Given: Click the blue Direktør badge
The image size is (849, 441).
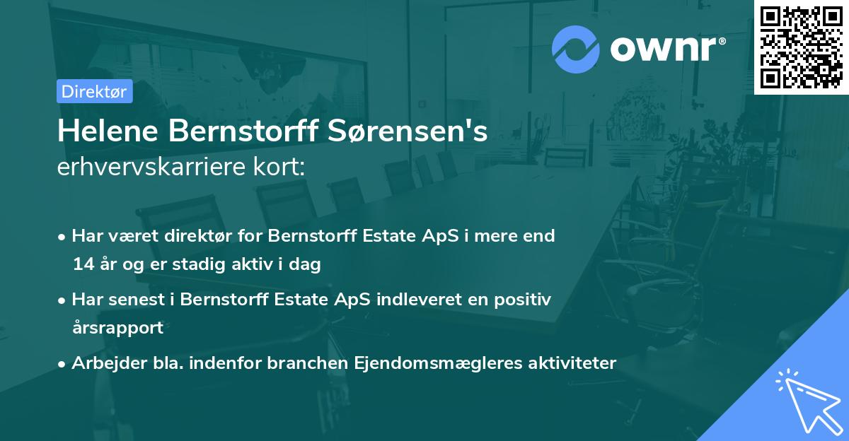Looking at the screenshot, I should coord(94,91).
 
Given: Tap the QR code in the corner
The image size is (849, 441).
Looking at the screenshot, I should coord(801,47).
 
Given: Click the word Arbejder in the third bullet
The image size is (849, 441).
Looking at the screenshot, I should coord(102,363).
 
